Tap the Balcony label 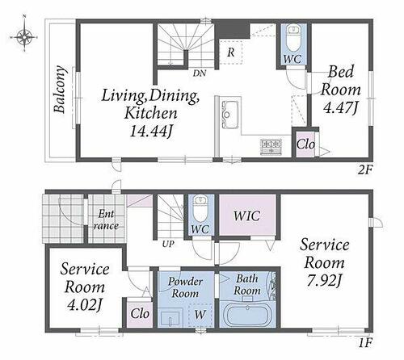pos(60,90)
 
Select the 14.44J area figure pos(151,132)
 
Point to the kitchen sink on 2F pos(230,115)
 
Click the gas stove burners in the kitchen pos(271,146)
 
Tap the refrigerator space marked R pos(231,52)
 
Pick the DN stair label pos(200,73)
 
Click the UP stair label pos(168,244)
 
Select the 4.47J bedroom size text pos(340,107)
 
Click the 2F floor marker pos(365,170)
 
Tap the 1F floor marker pos(365,343)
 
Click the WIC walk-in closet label pos(247,216)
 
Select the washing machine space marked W pos(200,315)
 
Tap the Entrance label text pos(106,220)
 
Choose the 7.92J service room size pos(324,281)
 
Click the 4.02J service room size pos(85,305)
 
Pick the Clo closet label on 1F pos(140,313)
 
